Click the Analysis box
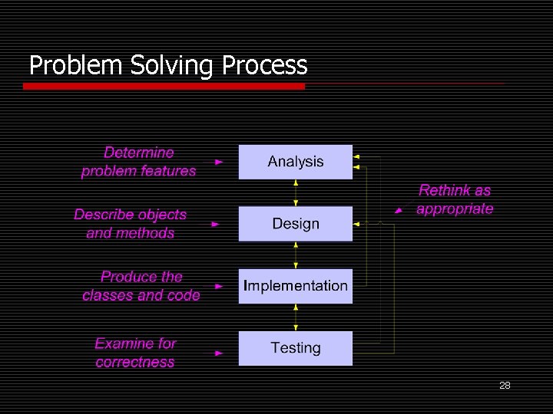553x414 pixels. (x=295, y=162)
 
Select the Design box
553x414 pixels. (x=295, y=224)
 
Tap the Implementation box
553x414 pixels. (x=295, y=286)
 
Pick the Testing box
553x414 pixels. (x=295, y=348)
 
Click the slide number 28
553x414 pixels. (x=505, y=386)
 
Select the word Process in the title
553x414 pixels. (x=264, y=66)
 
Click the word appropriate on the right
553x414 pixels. (x=455, y=209)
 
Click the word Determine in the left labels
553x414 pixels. (x=139, y=153)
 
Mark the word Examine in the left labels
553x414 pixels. (x=124, y=343)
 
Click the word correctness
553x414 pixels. (x=135, y=362)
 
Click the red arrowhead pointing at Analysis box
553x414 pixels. (x=219, y=163)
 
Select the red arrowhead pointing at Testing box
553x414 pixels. (x=219, y=353)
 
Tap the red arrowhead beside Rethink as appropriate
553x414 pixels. (x=398, y=209)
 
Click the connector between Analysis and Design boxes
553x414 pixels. (x=296, y=193)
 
